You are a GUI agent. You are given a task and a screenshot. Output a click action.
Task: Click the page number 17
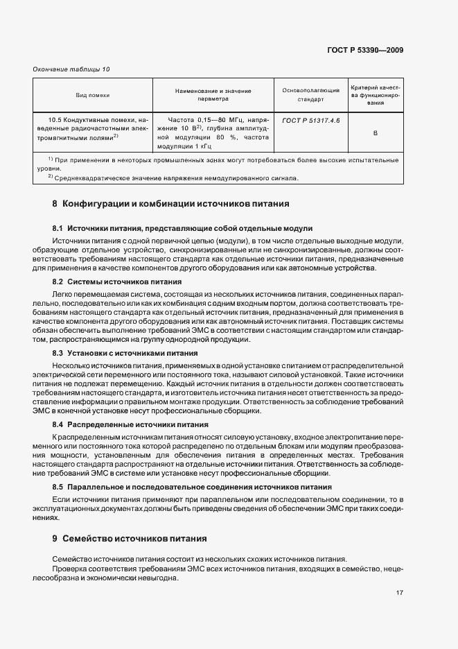[400, 593]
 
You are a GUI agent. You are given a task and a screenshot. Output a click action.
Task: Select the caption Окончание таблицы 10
[71, 69]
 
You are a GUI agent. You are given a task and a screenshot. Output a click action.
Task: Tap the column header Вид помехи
[93, 95]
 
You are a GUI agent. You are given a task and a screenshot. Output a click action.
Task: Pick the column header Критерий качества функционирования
[375, 95]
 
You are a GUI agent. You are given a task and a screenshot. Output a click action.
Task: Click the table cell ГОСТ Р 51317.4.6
[311, 119]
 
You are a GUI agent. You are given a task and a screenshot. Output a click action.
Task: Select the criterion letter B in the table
[375, 132]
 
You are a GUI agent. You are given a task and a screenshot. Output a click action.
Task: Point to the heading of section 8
[166, 205]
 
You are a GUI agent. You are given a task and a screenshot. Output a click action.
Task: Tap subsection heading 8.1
[182, 228]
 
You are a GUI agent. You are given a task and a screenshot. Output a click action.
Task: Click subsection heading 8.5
[191, 487]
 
